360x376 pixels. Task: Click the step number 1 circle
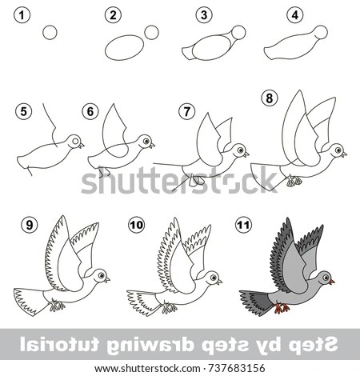22,15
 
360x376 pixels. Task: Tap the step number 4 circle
295,15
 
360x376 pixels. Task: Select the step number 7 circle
186,111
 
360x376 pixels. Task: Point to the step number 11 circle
243,225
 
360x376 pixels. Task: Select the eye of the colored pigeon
326,278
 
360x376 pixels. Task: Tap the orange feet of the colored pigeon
282,308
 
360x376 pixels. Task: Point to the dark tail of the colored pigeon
254,302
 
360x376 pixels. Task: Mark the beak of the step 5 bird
81,146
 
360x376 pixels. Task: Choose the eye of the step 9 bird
101,275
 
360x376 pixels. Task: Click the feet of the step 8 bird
294,181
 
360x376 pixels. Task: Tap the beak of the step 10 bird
219,282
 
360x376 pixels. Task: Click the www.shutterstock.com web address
147,369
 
